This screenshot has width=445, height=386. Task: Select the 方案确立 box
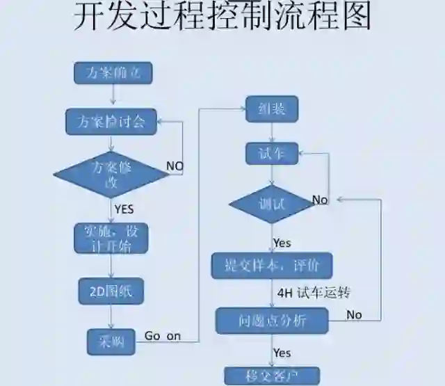pos(113,73)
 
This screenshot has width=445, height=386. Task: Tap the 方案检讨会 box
pos(111,122)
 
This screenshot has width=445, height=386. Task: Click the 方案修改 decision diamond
pos(111,173)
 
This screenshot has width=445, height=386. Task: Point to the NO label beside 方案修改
pos(175,166)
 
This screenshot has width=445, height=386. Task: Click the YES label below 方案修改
pos(124,208)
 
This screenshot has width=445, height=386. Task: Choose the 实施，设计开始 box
pos(111,238)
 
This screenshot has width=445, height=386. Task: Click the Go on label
pos(163,336)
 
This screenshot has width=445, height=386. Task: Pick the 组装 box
pos(272,108)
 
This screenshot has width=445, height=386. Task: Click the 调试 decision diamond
pos(271,204)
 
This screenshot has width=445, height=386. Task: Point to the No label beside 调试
pos(320,200)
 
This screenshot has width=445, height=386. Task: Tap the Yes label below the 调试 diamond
pos(282,243)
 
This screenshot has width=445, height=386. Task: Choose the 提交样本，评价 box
pos(272,265)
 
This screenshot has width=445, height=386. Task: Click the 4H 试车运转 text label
pos(313,293)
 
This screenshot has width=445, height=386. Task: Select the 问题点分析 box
pos(272,321)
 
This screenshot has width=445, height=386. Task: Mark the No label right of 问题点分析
pos(354,314)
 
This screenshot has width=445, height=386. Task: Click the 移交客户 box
pos(272,376)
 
